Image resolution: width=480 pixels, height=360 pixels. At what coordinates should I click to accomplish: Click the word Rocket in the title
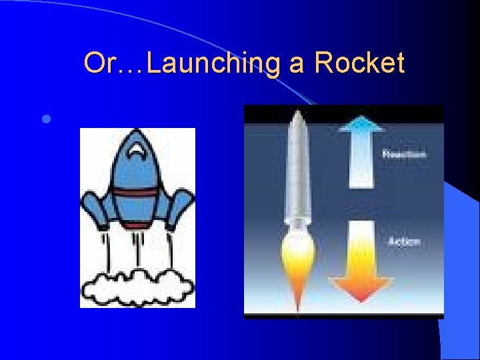359,64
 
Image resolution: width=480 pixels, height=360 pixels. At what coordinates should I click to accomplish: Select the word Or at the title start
98,64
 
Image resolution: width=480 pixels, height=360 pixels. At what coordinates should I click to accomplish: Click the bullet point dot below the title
45,120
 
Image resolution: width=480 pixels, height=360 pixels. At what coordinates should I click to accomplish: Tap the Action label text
404,241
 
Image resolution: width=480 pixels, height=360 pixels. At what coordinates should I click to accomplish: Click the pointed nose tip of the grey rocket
297,113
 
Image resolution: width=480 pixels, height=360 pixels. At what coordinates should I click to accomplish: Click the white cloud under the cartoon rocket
137,286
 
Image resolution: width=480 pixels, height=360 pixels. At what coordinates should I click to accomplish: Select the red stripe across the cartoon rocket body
137,193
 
